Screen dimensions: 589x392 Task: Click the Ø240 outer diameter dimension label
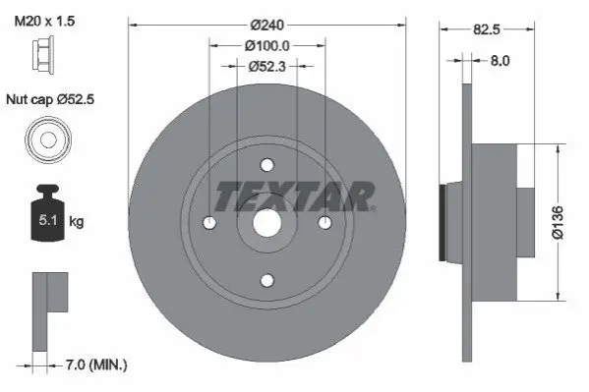267,26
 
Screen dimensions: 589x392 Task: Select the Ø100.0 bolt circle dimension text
267,46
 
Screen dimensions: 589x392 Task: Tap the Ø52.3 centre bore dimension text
267,67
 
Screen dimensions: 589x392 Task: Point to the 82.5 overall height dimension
487,29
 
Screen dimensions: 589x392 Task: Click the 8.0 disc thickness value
500,61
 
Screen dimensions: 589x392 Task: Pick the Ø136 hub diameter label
558,222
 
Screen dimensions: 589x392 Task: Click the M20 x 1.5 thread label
44,21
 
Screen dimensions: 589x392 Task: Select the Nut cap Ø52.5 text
50,99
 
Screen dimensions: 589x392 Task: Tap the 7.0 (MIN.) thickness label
96,364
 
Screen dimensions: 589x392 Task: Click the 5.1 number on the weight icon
48,220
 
